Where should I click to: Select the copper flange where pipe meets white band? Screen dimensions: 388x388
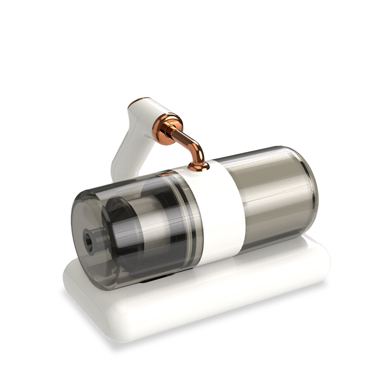[198, 166]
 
